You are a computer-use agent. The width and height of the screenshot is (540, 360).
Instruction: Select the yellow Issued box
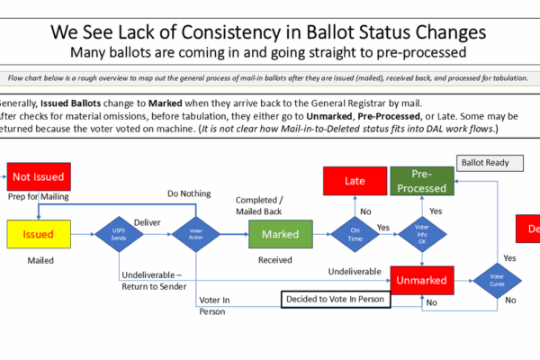[x=39, y=234]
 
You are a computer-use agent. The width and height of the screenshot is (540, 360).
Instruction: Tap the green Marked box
[x=280, y=234]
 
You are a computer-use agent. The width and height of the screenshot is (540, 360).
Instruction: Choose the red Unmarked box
[x=421, y=280]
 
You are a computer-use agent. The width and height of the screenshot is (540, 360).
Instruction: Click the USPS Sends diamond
[x=120, y=234]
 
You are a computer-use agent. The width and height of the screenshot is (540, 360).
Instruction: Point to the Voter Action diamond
[x=197, y=234]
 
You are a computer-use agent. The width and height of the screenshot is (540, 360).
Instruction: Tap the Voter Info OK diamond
[x=422, y=234]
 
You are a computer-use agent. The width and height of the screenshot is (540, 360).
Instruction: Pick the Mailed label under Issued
[x=39, y=261]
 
